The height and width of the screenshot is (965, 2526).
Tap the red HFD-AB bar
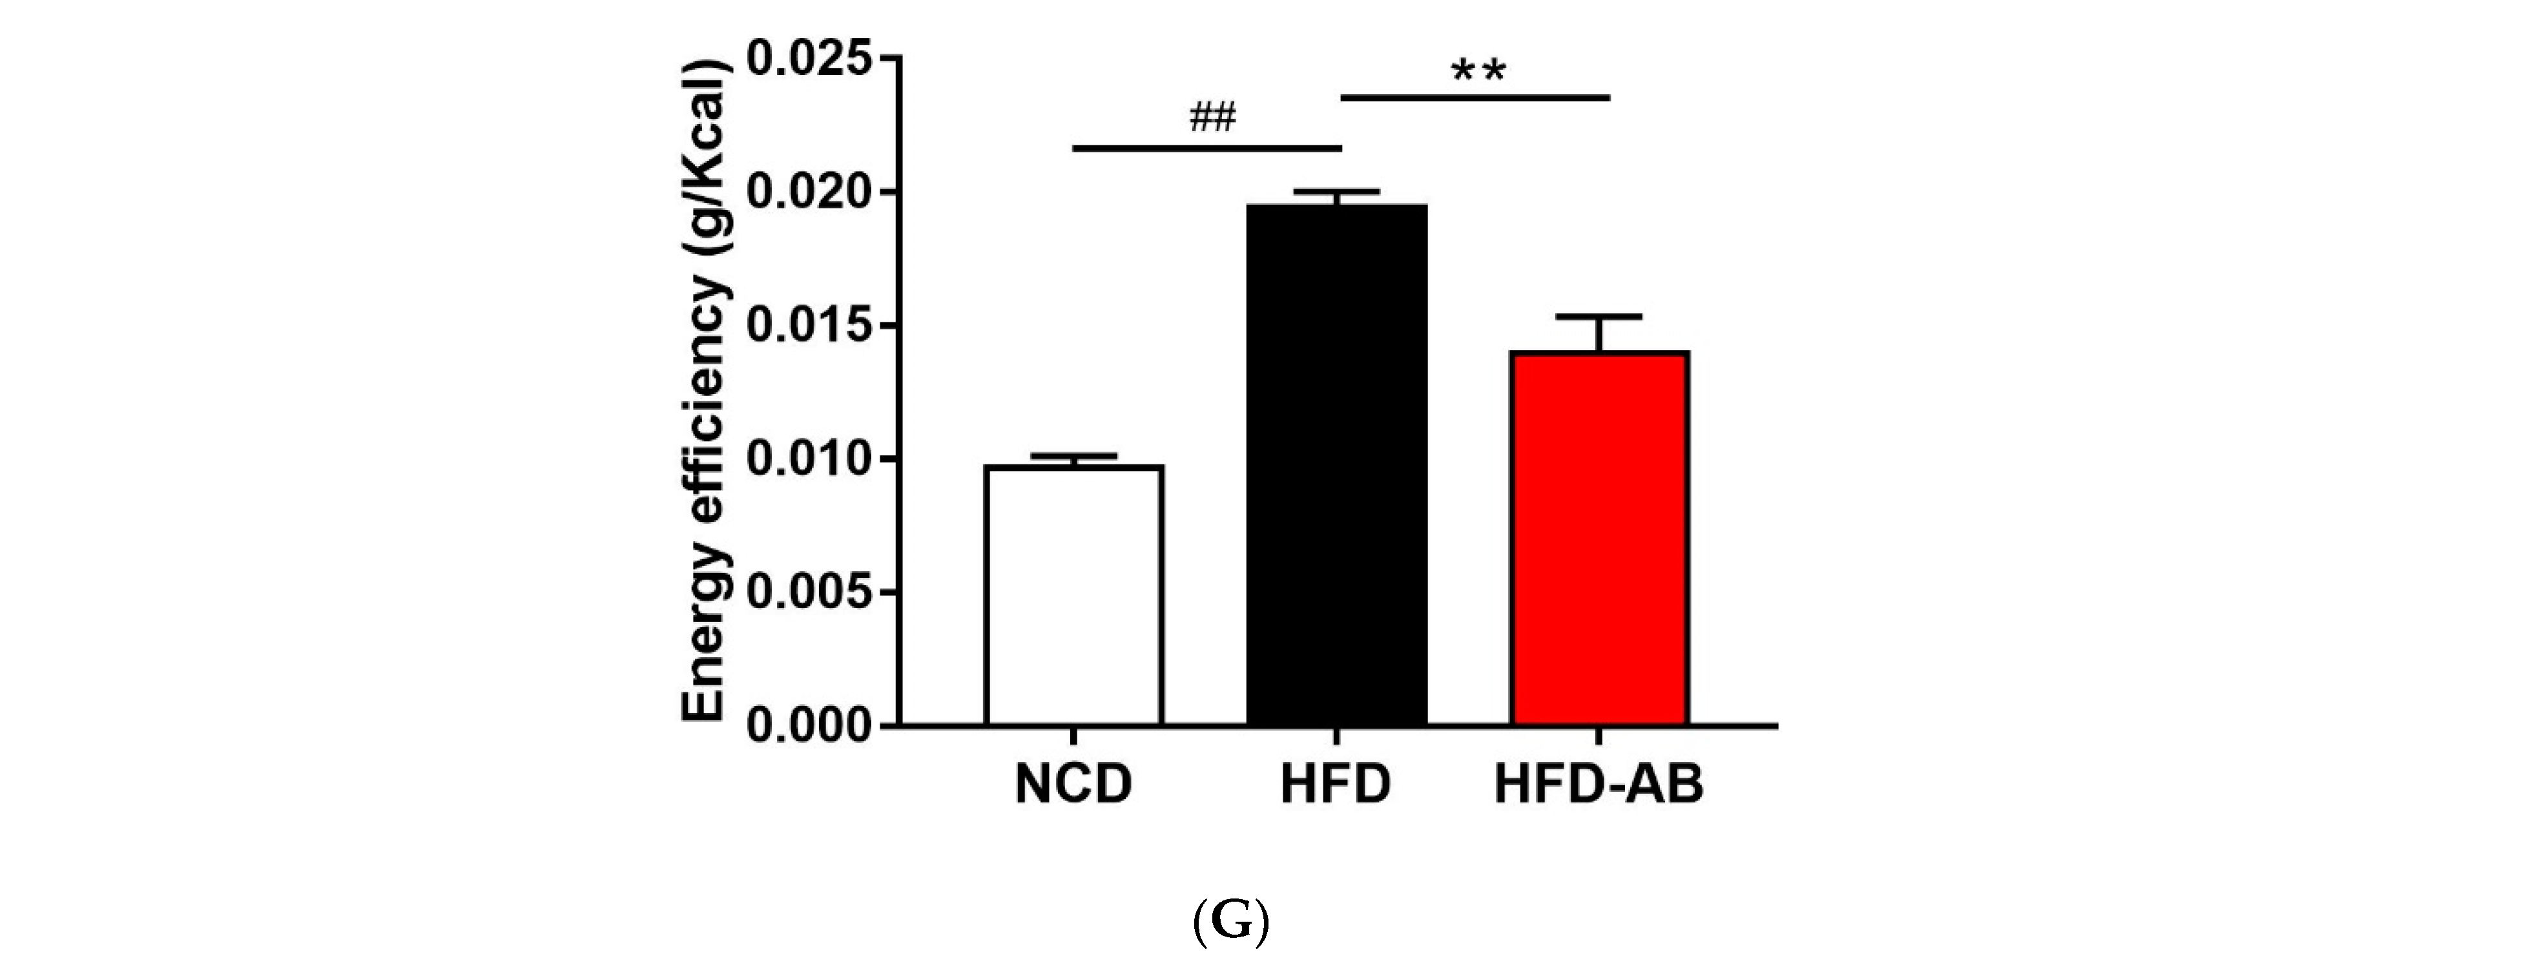pos(1599,539)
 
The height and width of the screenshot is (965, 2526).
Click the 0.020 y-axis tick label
pos(809,193)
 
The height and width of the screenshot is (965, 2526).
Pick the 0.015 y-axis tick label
pos(809,327)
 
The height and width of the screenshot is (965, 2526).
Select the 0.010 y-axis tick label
pos(809,459)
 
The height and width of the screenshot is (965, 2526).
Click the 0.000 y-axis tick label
pos(809,726)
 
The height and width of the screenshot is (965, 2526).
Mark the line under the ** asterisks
pos(1475,97)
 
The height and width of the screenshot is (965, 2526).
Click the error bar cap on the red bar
pos(1599,316)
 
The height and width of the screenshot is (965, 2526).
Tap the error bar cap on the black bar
pos(1336,191)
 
